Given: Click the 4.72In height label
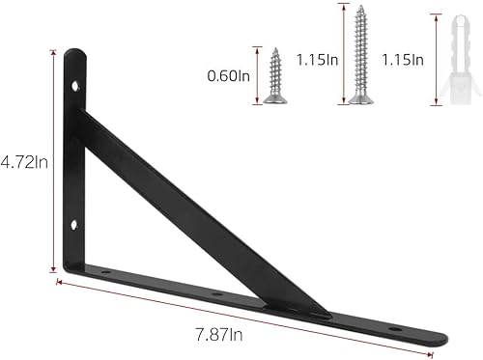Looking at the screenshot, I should (x=23, y=161).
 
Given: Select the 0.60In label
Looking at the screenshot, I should (x=227, y=74).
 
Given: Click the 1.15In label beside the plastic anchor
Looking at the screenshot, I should (x=403, y=60).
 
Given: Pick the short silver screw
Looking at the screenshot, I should (x=274, y=75).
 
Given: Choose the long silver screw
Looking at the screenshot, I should (x=361, y=53).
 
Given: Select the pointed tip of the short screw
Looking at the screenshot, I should (x=273, y=51).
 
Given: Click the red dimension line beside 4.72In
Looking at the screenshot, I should (x=51, y=161).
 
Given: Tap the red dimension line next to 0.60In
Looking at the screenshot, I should (x=258, y=74).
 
